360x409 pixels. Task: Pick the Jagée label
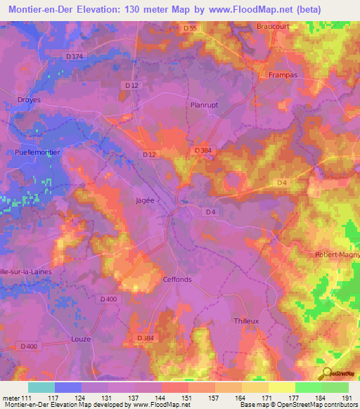point(144,200)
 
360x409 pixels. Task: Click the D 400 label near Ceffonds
point(108,299)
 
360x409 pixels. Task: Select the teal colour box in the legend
point(41,387)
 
